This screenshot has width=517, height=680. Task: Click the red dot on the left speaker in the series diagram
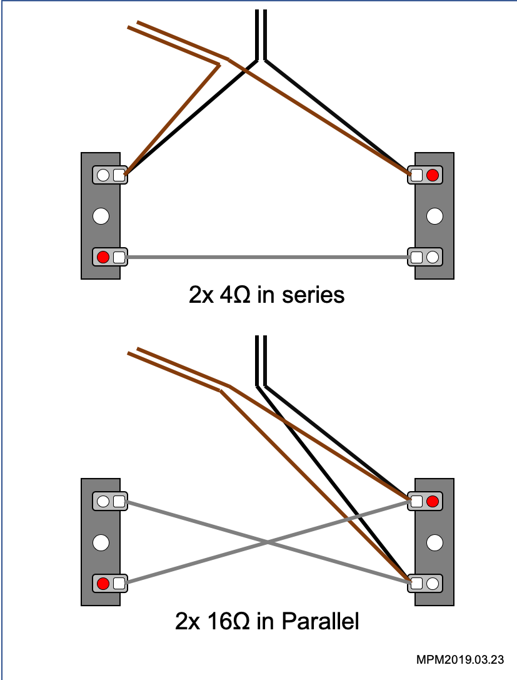pos(104,256)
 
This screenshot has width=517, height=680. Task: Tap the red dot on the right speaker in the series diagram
pos(432,175)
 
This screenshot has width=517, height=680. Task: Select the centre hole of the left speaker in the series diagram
pos(101,216)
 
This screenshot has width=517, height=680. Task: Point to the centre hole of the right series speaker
pos(434,216)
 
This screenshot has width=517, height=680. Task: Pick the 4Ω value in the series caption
pos(234,295)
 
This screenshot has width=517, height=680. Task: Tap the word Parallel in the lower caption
pos(321,622)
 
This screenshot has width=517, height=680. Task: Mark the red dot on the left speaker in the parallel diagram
pos(104,584)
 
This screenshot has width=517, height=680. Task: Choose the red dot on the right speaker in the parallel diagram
pos(432,501)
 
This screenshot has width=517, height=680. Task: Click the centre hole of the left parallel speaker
pos(101,542)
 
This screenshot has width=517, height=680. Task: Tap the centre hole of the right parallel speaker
pos(434,542)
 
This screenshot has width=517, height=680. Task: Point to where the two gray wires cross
pos(267,542)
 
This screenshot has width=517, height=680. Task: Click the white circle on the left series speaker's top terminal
pos(104,175)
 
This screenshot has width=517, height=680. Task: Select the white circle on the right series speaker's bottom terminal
pos(432,256)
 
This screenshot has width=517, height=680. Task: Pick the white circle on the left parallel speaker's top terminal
pos(104,501)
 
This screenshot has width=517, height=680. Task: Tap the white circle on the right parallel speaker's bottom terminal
pos(432,584)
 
